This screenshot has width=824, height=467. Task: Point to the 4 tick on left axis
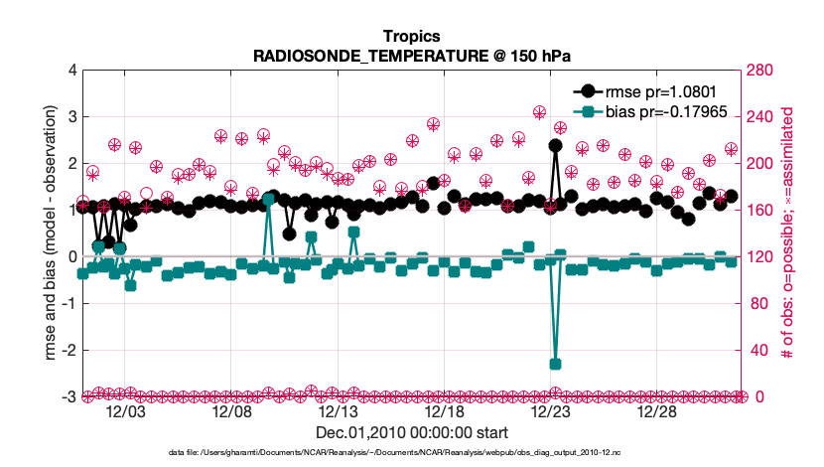(x=71, y=71)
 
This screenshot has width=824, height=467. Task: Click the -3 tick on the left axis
(x=69, y=396)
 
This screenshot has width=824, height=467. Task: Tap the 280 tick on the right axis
(x=760, y=71)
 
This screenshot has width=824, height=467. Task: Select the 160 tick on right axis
(x=760, y=211)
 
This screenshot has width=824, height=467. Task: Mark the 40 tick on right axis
(x=757, y=350)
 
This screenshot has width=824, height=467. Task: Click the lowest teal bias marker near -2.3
(x=555, y=365)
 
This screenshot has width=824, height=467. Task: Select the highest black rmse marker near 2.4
(x=555, y=145)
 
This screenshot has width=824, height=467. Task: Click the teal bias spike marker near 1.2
(x=268, y=200)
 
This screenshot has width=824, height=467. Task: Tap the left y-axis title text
(x=46, y=233)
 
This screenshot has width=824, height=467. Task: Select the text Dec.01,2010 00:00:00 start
(x=411, y=433)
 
